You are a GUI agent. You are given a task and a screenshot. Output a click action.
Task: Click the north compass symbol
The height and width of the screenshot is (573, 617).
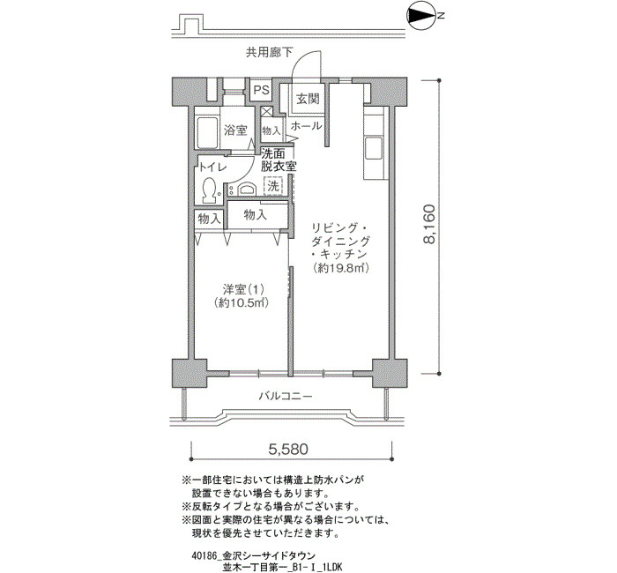[x=421, y=16]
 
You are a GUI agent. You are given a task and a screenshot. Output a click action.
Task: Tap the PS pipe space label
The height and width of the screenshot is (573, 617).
[x=261, y=90]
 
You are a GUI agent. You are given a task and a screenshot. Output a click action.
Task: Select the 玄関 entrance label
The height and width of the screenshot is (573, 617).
[x=308, y=99]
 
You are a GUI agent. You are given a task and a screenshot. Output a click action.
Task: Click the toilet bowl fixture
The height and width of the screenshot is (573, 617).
[x=209, y=190]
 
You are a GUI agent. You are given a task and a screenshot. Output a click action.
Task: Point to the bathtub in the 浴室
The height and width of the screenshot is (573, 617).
[x=207, y=132]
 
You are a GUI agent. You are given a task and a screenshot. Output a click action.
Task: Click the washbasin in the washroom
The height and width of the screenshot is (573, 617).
[x=246, y=190]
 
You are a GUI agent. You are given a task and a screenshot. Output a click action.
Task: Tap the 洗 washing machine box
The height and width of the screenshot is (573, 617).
[x=272, y=186]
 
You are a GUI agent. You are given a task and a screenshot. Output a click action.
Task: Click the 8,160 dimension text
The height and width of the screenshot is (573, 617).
[x=429, y=224]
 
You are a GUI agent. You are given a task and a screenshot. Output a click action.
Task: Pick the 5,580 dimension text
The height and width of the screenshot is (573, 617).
[x=288, y=449]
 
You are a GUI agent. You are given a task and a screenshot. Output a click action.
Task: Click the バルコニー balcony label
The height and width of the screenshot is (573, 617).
[x=286, y=396]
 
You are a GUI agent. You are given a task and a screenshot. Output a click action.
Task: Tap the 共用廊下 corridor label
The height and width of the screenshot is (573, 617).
[x=269, y=52]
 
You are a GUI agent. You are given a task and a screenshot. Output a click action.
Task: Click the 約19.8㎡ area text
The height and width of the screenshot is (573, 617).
[x=341, y=268]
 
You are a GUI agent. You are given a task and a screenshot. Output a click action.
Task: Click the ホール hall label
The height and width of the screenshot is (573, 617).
[x=306, y=126]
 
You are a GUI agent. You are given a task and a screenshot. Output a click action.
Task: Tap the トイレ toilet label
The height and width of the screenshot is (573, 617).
[x=213, y=167]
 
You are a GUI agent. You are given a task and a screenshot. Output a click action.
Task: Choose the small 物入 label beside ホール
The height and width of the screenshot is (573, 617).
[x=271, y=130]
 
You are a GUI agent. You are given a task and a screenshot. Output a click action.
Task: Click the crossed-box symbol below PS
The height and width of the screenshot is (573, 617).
[x=266, y=111]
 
